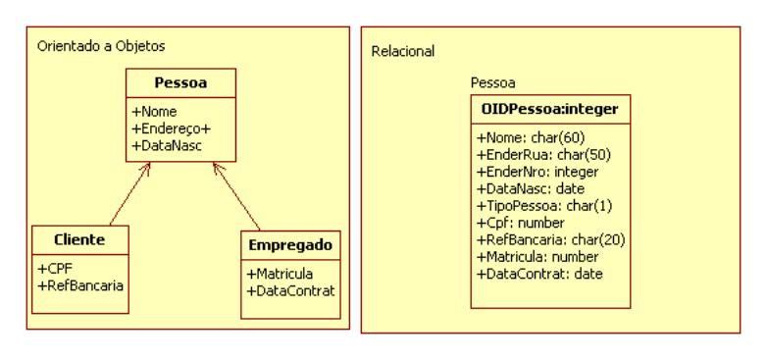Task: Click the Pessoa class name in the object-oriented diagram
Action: (179, 83)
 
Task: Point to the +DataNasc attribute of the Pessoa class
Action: (165, 145)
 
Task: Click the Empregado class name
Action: (291, 246)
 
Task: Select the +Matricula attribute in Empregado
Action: (281, 274)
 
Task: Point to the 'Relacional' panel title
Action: (403, 50)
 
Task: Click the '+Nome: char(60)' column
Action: (521, 138)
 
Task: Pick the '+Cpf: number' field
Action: (511, 222)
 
